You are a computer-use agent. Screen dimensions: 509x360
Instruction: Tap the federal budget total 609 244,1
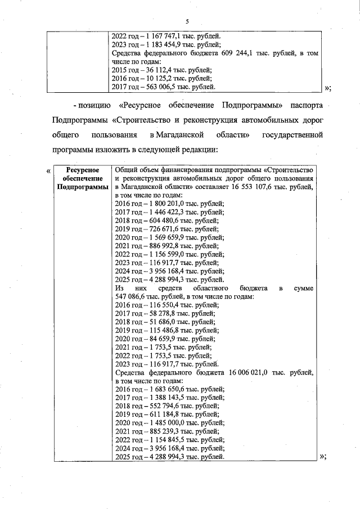pos(230,53)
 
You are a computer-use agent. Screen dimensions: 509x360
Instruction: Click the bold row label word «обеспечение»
pos(83,178)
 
